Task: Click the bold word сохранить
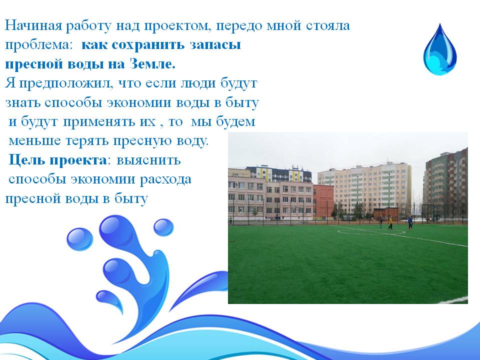tap(148, 45)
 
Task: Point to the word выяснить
tap(149, 160)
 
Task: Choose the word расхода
tap(165, 179)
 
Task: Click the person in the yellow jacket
tap(390, 223)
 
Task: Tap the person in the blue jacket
tap(410, 222)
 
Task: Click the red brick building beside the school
tap(323, 201)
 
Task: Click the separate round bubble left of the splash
tap(79, 239)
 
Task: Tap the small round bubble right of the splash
tap(163, 227)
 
